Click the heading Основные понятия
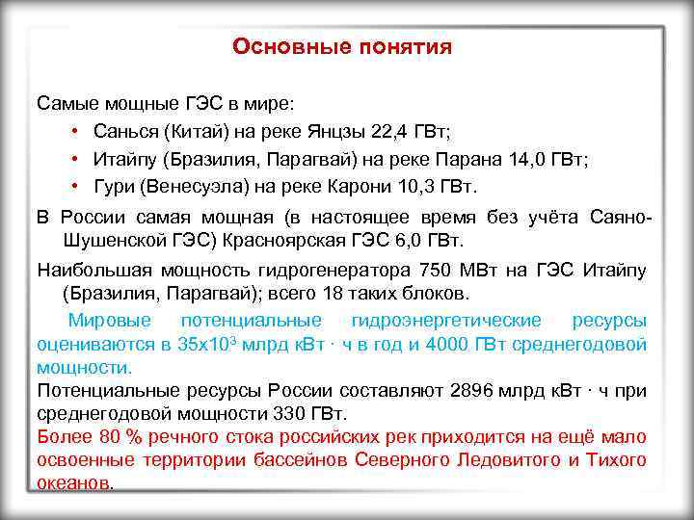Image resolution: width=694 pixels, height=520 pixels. coord(342,47)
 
